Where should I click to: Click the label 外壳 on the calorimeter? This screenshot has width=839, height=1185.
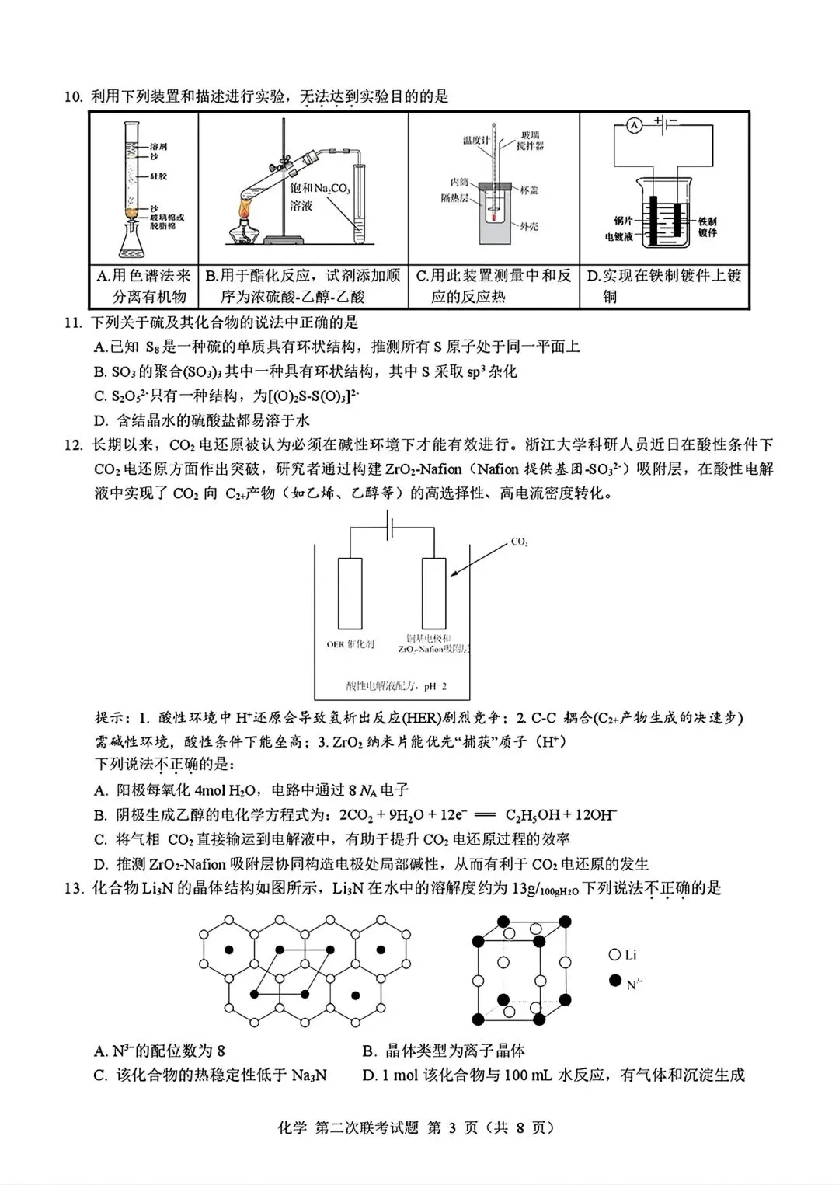[529, 226]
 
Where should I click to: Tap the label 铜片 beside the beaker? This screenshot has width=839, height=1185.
[621, 221]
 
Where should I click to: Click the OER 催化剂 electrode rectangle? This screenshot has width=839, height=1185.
[350, 592]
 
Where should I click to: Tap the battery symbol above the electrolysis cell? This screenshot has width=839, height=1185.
[391, 528]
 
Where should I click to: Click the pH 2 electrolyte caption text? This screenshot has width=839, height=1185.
[397, 686]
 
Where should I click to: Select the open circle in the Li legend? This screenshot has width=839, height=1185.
[614, 955]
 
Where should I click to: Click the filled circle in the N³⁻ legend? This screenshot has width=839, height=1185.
[614, 981]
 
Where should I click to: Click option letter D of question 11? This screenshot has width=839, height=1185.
[99, 420]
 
